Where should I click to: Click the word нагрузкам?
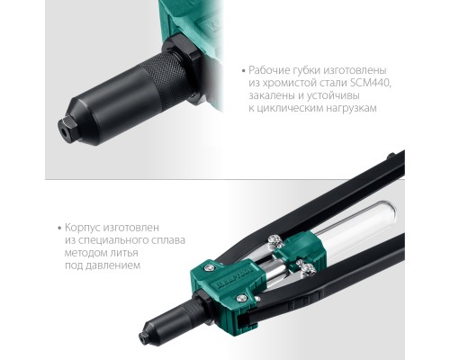[x=350, y=108]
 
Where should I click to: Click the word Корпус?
[x=82, y=228]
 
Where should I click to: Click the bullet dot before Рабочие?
[x=243, y=71]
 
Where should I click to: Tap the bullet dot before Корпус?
[x=59, y=228]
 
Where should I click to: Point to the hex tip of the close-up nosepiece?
[x=67, y=129]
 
